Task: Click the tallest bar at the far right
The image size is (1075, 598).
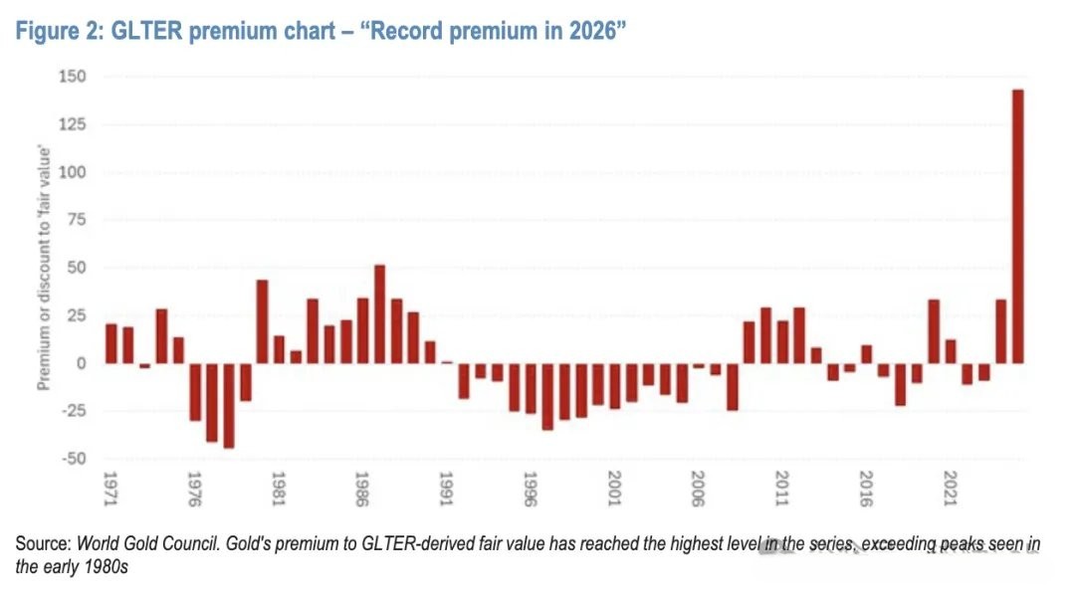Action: click(1018, 226)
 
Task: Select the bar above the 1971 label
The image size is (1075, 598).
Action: click(111, 343)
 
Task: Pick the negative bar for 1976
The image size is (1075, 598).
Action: click(195, 392)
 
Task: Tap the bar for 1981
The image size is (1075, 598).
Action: click(279, 349)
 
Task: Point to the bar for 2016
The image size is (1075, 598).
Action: click(867, 354)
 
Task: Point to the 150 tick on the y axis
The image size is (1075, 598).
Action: click(73, 77)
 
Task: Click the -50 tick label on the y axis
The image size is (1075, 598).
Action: click(74, 459)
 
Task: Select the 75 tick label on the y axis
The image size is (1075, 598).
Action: click(77, 220)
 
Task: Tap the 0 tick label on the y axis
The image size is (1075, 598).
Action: click(82, 363)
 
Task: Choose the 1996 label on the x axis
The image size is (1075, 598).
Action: click(530, 489)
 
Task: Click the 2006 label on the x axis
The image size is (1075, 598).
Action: click(698, 489)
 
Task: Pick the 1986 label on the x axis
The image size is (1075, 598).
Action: click(362, 489)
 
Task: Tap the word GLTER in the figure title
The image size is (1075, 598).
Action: click(146, 32)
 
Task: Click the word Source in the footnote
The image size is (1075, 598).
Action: click(43, 544)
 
